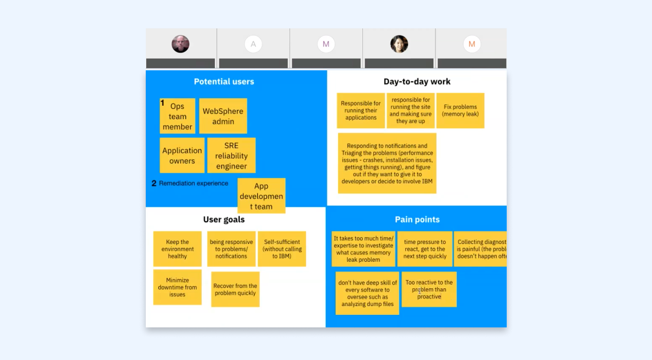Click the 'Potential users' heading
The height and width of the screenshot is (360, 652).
click(x=224, y=82)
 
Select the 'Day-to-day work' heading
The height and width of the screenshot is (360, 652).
click(x=417, y=82)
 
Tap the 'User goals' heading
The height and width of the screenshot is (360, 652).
click(x=224, y=219)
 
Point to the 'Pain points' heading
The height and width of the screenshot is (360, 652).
click(x=417, y=219)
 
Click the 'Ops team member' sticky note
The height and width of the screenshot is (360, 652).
click(x=177, y=116)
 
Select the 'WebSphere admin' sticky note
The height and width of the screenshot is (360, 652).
click(x=223, y=116)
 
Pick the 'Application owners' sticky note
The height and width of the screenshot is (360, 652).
click(x=182, y=156)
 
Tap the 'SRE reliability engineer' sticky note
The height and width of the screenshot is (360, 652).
click(x=231, y=156)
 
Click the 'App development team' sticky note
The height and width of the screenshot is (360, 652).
click(x=261, y=196)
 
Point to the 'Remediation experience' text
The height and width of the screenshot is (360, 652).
click(x=193, y=183)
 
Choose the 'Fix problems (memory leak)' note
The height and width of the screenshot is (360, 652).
click(x=460, y=110)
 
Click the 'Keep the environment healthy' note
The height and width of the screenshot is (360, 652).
click(x=177, y=249)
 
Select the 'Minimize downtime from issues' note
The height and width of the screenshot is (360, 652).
click(x=177, y=287)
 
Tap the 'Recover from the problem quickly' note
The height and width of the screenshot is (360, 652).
click(x=235, y=289)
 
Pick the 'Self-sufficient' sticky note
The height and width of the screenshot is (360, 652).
click(x=282, y=249)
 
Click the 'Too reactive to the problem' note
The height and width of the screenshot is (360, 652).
click(x=429, y=289)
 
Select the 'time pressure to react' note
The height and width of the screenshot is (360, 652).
click(x=425, y=249)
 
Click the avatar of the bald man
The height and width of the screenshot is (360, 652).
click(x=180, y=44)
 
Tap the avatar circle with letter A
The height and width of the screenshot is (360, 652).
click(x=253, y=44)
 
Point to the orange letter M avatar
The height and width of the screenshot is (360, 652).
click(x=472, y=44)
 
